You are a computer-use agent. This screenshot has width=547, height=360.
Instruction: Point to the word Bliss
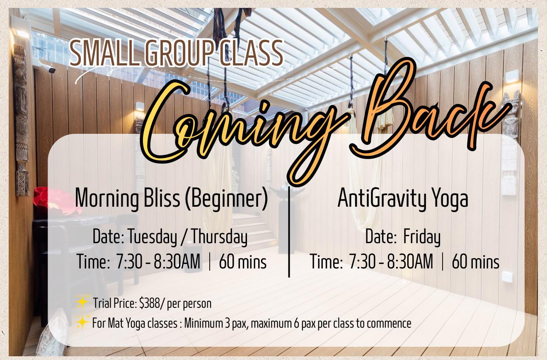click(162, 198)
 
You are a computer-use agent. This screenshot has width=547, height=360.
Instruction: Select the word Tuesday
click(152, 237)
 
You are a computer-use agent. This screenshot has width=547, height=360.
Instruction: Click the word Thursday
click(220, 237)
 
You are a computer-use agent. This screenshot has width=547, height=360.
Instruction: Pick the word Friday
click(422, 237)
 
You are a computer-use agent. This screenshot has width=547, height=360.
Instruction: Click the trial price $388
click(149, 303)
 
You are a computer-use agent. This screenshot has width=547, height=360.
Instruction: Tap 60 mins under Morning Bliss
click(242, 262)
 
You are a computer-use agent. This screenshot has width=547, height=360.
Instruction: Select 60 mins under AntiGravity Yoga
click(475, 262)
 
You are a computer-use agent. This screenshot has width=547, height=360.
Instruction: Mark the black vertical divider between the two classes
click(289, 232)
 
